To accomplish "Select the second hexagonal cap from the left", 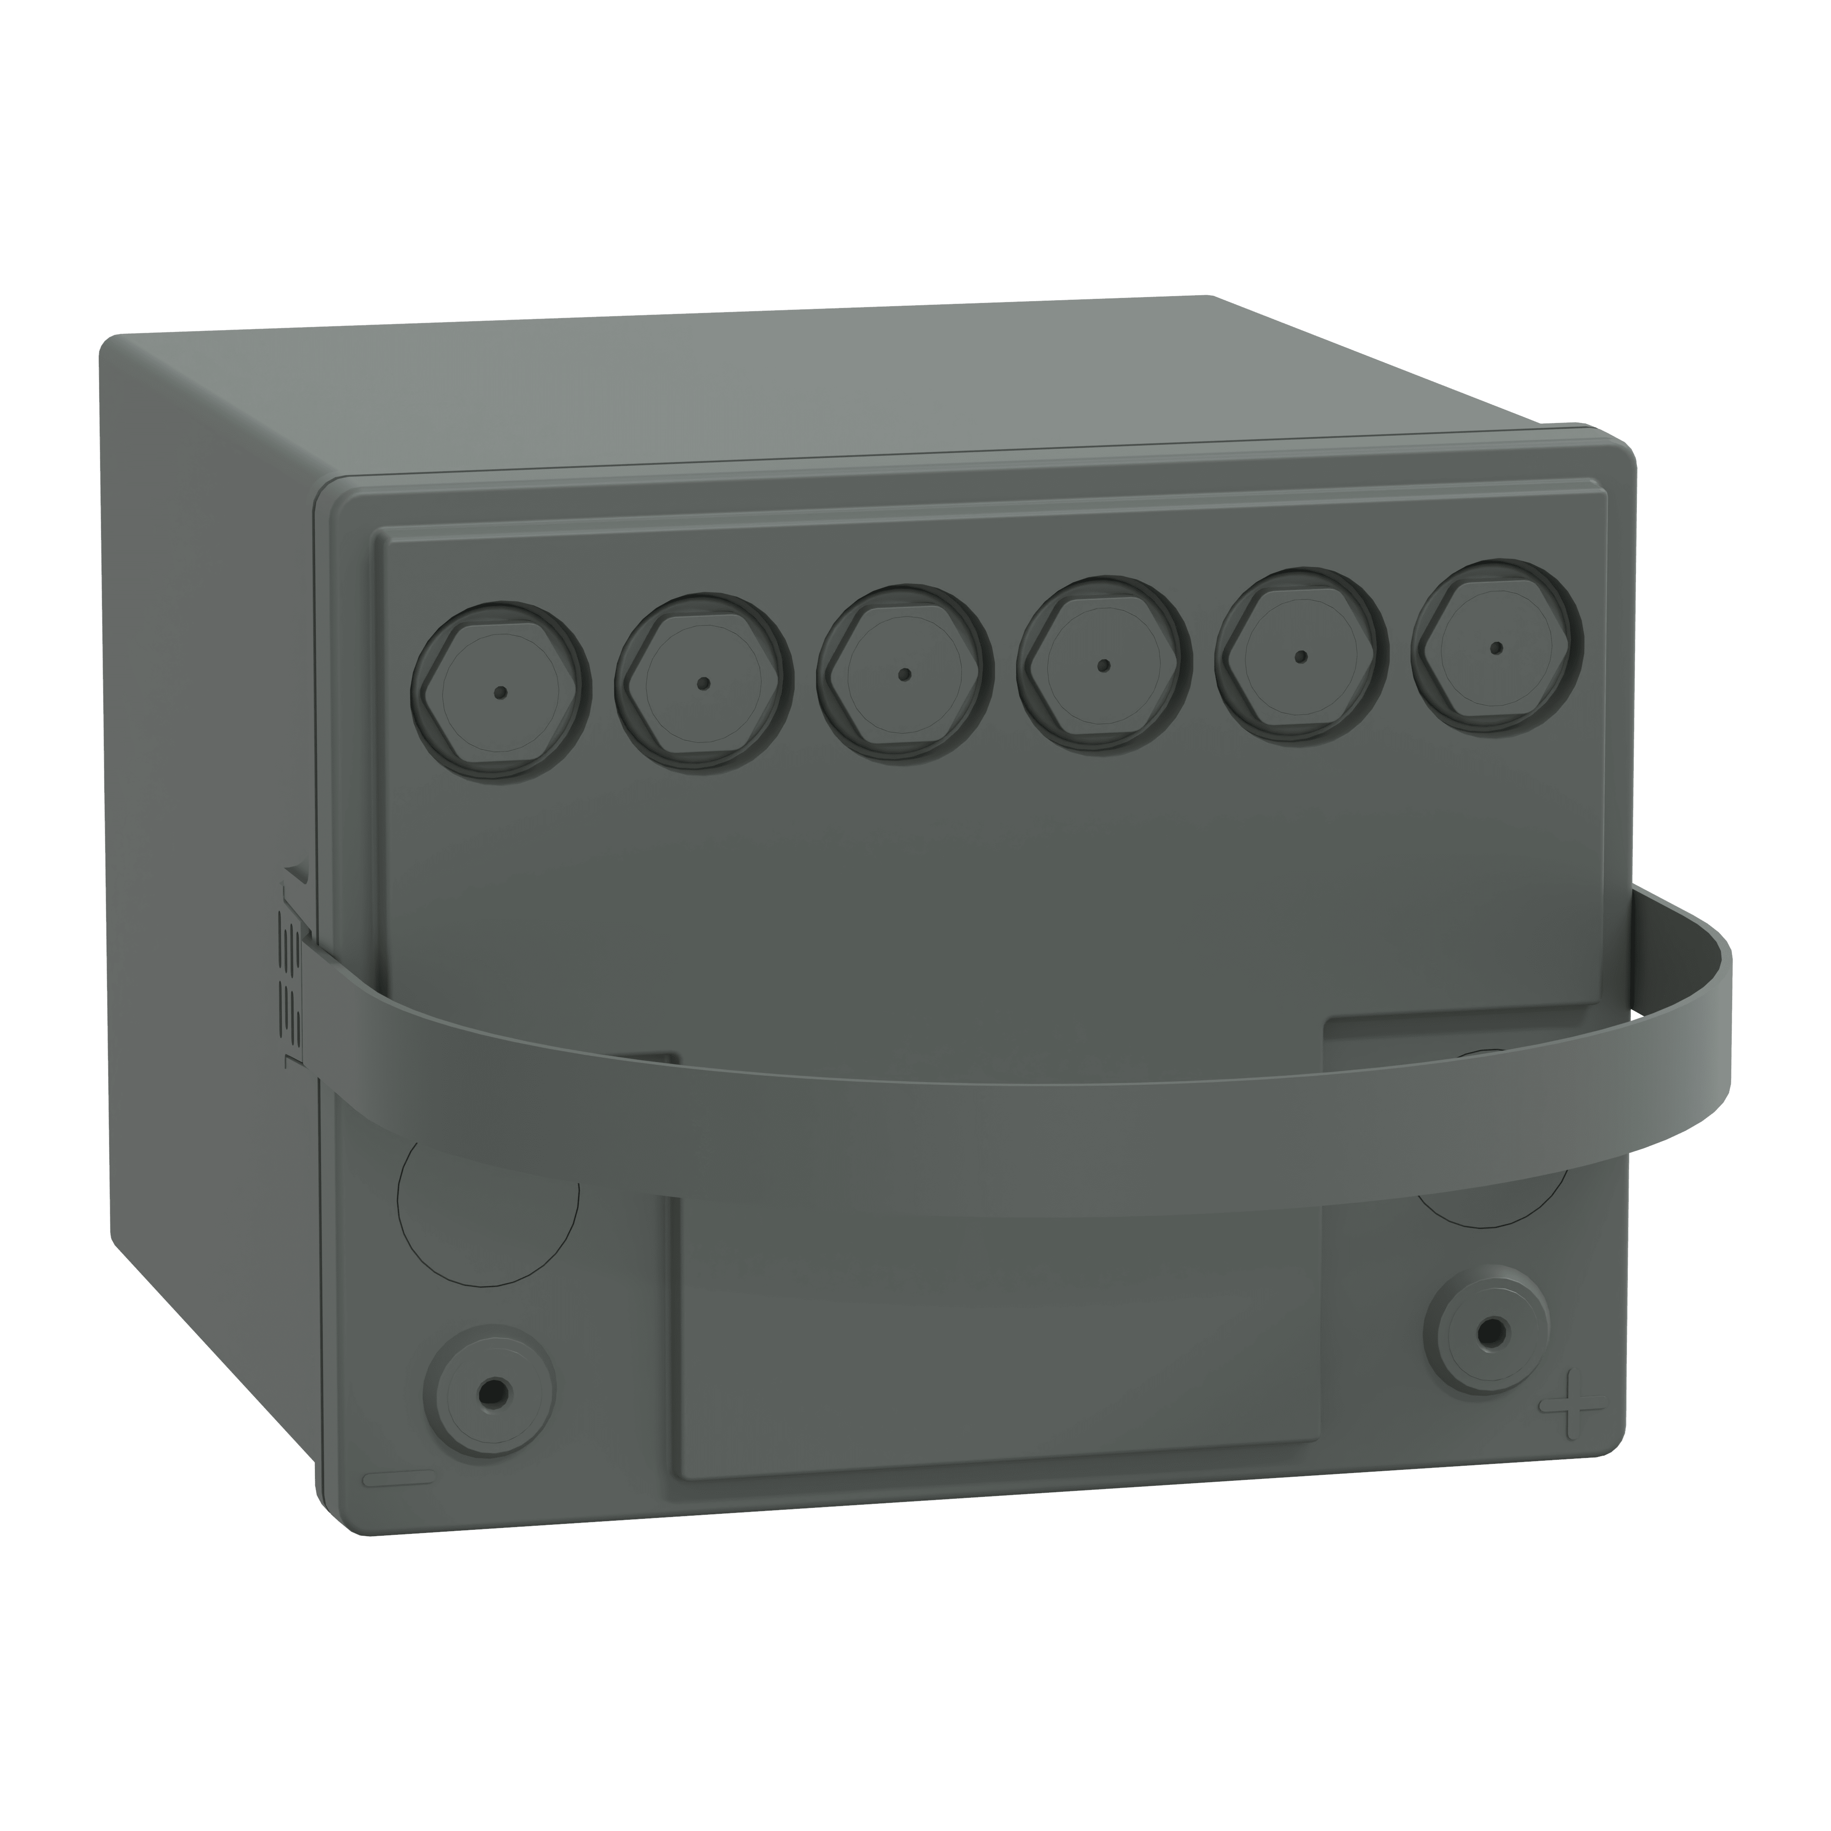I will coord(702,683).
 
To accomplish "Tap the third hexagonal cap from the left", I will coord(904,674).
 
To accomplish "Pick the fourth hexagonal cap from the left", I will coord(1103,665).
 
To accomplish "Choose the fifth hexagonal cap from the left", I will coord(1300,656).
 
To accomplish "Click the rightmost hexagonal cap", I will coord(1495,648).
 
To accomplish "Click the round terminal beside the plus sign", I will coord(1492,1331).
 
